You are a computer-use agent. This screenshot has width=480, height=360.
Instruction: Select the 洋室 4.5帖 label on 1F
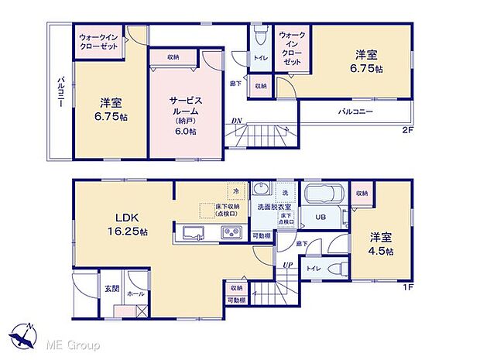click(380, 243)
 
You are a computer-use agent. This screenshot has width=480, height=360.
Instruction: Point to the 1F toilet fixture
click(338, 269)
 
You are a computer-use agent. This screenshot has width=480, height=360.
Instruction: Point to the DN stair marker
click(238, 121)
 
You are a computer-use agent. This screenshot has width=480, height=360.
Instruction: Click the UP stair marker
click(287, 266)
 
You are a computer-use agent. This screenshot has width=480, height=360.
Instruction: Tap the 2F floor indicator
click(407, 130)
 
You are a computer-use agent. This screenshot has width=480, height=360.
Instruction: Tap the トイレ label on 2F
click(259, 56)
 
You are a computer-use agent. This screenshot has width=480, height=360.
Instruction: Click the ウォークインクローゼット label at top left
click(98, 41)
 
